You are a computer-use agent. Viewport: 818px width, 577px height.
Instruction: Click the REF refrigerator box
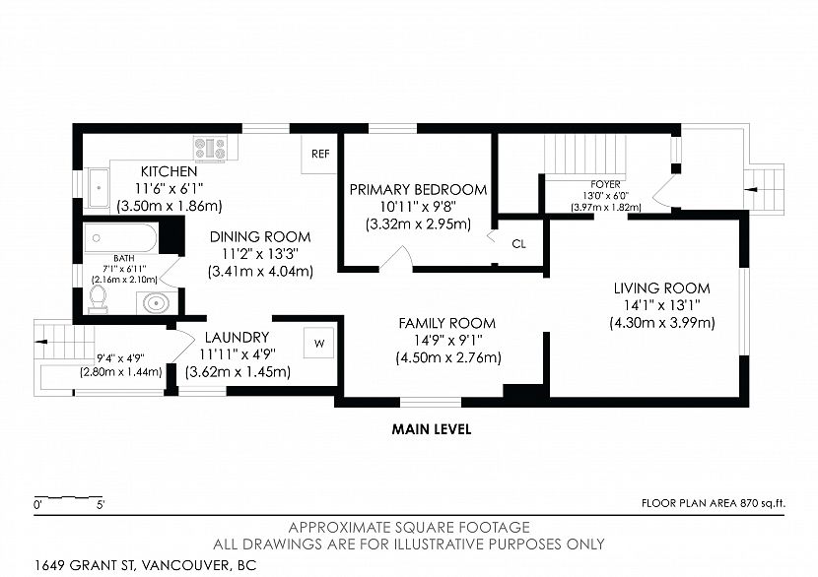click(x=319, y=154)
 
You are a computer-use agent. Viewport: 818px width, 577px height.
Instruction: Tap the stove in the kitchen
click(x=210, y=148)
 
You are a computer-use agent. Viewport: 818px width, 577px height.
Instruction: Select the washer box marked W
click(x=319, y=343)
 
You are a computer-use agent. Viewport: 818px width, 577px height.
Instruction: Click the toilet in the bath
click(x=98, y=299)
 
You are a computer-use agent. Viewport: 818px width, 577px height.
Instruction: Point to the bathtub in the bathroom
click(x=121, y=238)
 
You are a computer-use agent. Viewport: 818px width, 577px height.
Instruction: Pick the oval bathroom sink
click(x=156, y=303)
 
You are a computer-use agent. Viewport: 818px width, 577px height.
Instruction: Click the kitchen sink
click(x=98, y=188)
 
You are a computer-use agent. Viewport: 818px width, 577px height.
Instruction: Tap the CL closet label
click(x=518, y=243)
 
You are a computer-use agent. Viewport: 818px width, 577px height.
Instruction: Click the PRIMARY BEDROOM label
click(x=419, y=189)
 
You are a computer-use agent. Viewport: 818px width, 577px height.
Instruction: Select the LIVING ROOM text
click(x=662, y=288)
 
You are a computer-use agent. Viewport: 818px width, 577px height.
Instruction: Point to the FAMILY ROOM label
click(x=447, y=323)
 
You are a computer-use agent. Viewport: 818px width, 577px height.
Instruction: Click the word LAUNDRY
click(x=237, y=337)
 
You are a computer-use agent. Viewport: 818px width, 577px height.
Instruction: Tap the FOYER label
click(x=606, y=184)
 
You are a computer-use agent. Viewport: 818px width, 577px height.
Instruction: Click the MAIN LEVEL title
click(x=432, y=429)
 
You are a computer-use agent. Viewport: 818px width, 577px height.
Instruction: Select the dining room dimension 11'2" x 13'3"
click(x=260, y=254)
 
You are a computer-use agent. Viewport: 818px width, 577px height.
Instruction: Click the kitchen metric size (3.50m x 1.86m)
click(x=170, y=206)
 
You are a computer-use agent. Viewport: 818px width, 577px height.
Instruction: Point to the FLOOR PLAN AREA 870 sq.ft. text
click(x=714, y=503)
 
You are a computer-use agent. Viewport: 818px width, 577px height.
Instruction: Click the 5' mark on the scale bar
click(x=101, y=504)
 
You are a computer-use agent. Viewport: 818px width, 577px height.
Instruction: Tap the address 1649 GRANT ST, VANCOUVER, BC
click(x=146, y=565)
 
